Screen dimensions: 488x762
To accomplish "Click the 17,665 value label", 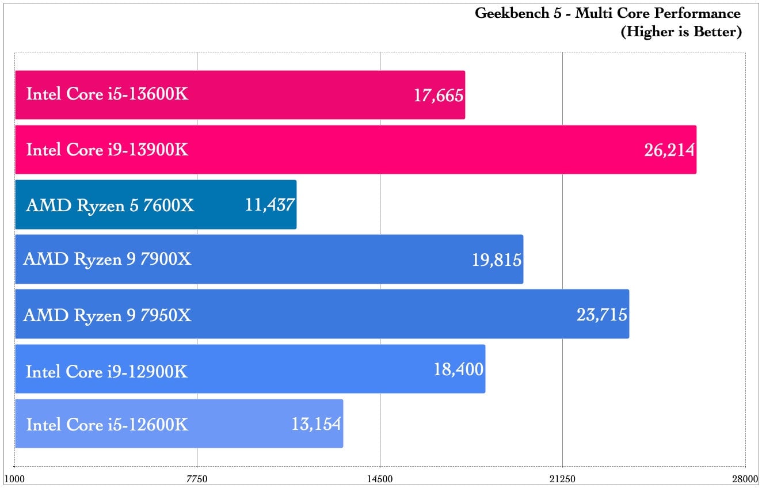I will [439, 95].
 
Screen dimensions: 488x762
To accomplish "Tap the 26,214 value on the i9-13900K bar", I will [670, 150].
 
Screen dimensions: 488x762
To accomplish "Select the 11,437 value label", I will [270, 205].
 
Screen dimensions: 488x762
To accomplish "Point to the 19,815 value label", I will [497, 260].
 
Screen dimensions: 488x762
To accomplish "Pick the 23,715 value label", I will [602, 315].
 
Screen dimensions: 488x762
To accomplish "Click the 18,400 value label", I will [459, 369].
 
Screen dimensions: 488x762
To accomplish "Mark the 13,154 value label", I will [317, 424].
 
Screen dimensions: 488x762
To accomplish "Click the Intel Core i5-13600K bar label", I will [107, 94].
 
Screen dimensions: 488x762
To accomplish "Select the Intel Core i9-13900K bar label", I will [107, 150].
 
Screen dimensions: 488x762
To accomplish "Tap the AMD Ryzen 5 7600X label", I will [110, 205].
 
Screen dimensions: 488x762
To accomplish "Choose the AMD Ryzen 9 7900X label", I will [107, 260].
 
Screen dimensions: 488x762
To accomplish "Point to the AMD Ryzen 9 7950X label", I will [107, 315].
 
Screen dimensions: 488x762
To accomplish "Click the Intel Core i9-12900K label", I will [107, 371].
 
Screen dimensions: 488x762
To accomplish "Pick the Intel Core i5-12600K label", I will [107, 425].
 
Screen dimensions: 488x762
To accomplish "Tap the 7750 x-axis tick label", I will [197, 479].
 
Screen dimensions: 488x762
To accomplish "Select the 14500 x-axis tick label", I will [380, 479].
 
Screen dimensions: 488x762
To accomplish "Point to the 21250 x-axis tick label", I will [562, 479].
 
